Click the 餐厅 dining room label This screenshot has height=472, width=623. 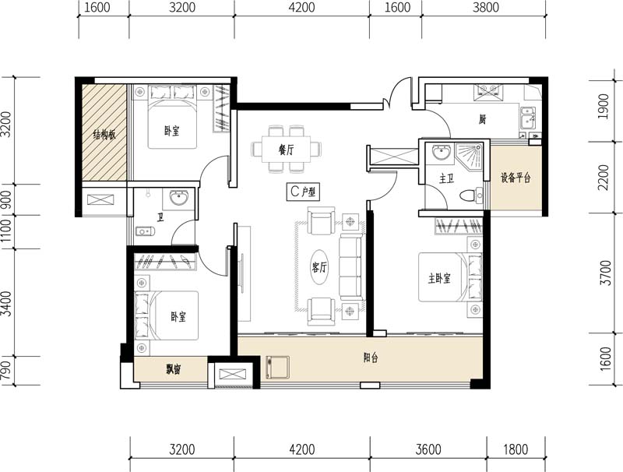coord(286,150)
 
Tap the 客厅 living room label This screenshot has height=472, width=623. coord(319,267)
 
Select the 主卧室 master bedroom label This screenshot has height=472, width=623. coord(439,279)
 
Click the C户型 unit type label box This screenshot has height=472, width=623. coord(303,192)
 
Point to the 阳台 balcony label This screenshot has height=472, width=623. coord(371,358)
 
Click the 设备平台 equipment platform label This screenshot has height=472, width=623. coord(516,178)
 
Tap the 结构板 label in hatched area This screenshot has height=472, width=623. coord(104,135)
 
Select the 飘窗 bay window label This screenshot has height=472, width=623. coord(174,370)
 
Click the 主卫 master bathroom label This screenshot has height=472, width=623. coord(446,179)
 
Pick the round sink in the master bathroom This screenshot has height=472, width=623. coord(441,152)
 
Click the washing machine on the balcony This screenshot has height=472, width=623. coord(277,368)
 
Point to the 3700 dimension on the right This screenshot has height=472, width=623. coord(605,273)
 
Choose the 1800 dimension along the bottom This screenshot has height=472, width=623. coord(516,449)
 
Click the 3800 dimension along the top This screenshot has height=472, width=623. coord(486,8)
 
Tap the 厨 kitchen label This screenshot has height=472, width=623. coord(482,119)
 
